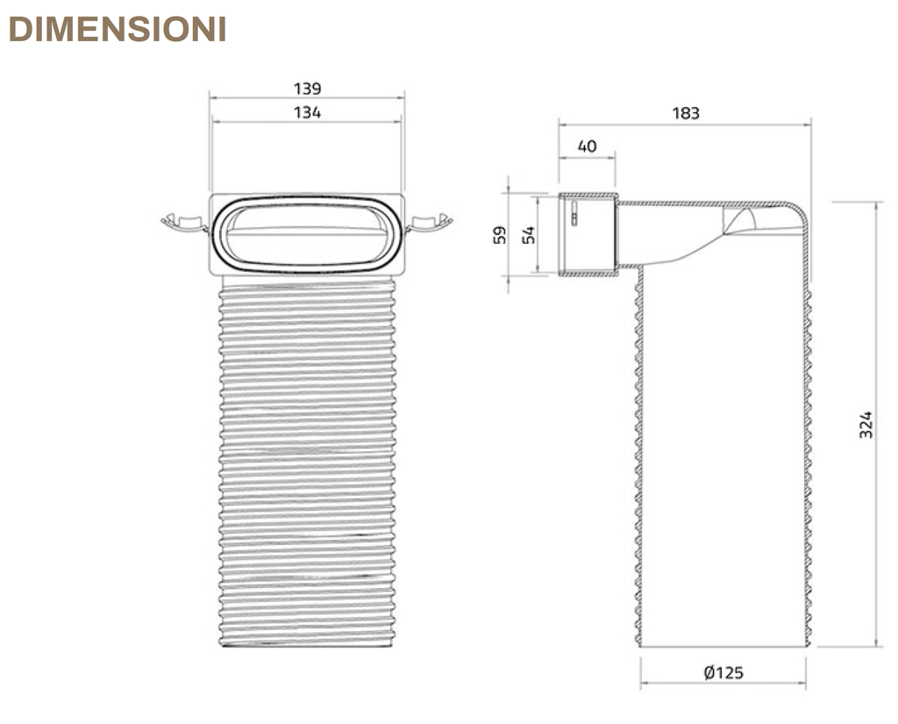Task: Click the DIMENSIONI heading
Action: pos(118,29)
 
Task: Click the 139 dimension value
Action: pos(308,89)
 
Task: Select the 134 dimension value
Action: pos(308,113)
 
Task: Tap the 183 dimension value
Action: pos(686,113)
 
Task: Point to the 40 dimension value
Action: pos(587,146)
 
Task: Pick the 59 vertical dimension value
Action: pos(500,235)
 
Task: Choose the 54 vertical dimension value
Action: pos(529,235)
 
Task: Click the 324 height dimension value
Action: pos(866,424)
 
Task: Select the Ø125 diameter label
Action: pos(723,672)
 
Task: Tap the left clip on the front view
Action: pos(184,223)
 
